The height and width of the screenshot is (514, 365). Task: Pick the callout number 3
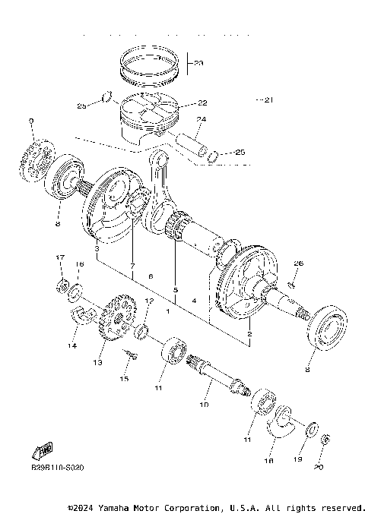(x=97, y=248)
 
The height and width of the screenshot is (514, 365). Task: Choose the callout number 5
(x=175, y=289)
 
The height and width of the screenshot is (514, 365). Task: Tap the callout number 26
(x=299, y=263)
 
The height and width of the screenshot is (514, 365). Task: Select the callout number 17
(x=60, y=259)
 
